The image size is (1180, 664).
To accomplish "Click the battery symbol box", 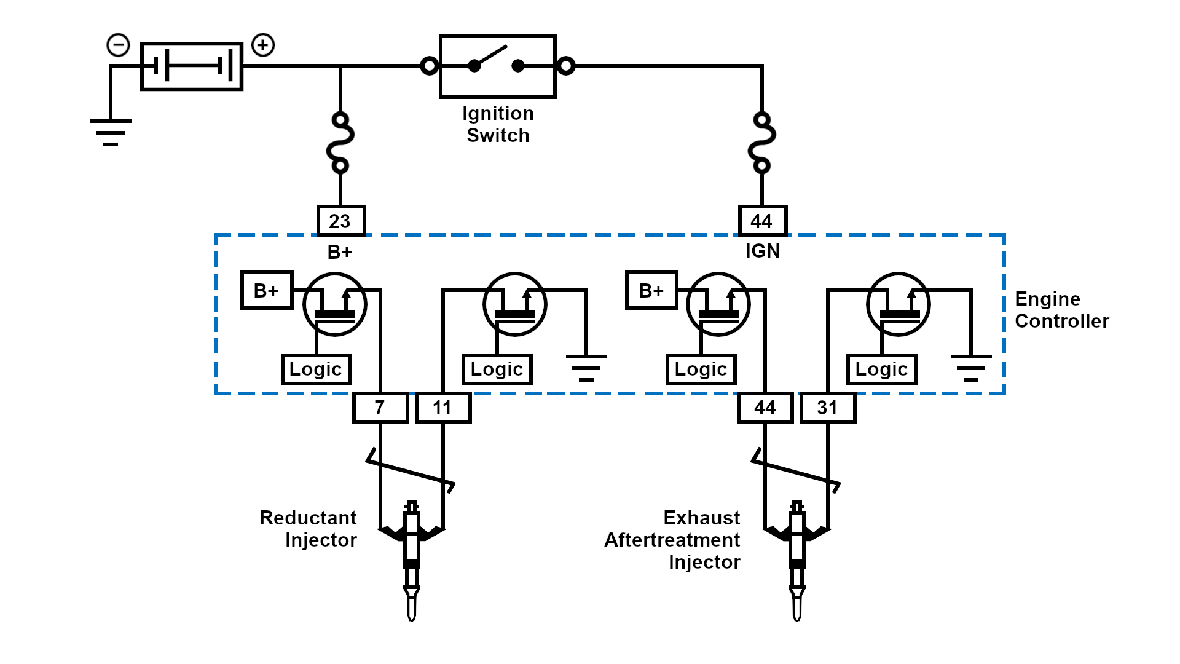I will pyautogui.click(x=192, y=66).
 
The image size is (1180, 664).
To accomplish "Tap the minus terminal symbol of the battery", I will pyautogui.click(x=118, y=45).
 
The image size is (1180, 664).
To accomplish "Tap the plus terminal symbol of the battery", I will pyautogui.click(x=263, y=45).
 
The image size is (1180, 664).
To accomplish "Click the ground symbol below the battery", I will pyautogui.click(x=111, y=132).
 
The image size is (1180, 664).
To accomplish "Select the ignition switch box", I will pyautogui.click(x=498, y=66).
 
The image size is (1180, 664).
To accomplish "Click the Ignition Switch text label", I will pyautogui.click(x=498, y=124).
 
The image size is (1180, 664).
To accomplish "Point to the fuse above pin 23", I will pyautogui.click(x=340, y=142).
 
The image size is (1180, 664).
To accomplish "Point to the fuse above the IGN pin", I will pyautogui.click(x=762, y=142).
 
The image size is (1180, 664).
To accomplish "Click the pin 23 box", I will pyautogui.click(x=341, y=221).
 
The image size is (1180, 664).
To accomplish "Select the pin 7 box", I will pyautogui.click(x=380, y=408).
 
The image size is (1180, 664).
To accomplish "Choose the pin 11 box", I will pyautogui.click(x=443, y=408).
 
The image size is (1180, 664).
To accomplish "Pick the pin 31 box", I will pyautogui.click(x=828, y=408).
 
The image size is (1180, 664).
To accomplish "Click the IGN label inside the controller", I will pyautogui.click(x=762, y=251).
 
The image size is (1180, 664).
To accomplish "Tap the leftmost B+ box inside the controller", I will pyautogui.click(x=267, y=290).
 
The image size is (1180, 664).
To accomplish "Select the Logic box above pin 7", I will pyautogui.click(x=316, y=370).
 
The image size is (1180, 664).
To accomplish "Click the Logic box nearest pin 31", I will pyautogui.click(x=881, y=370).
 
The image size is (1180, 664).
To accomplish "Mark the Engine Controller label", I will pyautogui.click(x=1061, y=310).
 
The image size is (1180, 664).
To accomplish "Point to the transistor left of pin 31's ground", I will pyautogui.click(x=898, y=304).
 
